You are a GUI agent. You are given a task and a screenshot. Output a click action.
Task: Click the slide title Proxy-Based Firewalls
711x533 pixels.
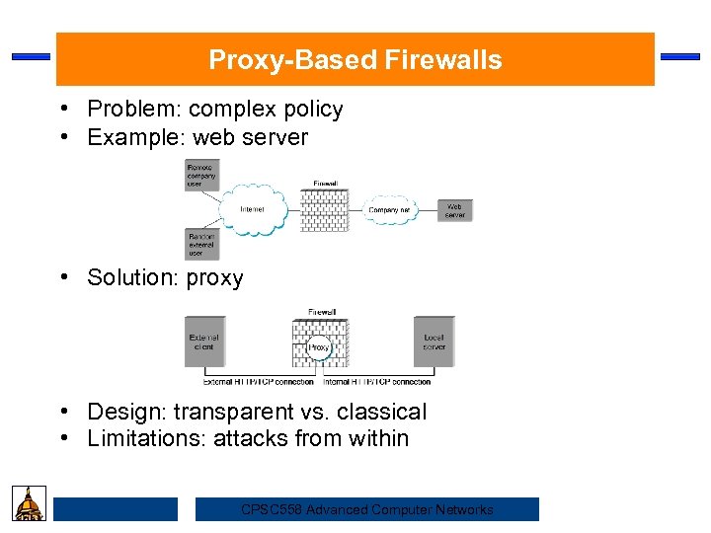pos(355,60)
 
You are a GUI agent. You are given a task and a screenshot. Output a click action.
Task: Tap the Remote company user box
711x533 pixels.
pos(201,176)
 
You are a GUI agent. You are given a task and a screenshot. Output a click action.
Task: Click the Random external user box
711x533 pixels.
pos(201,244)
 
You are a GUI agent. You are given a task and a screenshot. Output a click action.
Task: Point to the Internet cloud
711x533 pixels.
pos(253,208)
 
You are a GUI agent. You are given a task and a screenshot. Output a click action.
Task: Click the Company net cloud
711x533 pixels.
pos(389,209)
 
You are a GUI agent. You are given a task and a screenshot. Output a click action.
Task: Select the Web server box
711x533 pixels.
pos(454,209)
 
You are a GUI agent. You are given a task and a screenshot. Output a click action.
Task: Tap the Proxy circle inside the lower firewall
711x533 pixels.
pos(319,347)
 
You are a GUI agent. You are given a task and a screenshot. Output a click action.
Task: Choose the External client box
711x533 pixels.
pos(204,343)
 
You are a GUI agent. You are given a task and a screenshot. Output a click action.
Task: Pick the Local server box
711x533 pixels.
pos(434,343)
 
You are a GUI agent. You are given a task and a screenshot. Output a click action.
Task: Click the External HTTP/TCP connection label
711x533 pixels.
pos(258,381)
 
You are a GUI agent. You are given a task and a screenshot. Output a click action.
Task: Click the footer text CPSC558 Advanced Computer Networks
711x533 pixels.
pos(366,509)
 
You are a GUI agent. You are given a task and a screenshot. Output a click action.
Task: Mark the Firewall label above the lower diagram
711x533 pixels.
pos(322,313)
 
